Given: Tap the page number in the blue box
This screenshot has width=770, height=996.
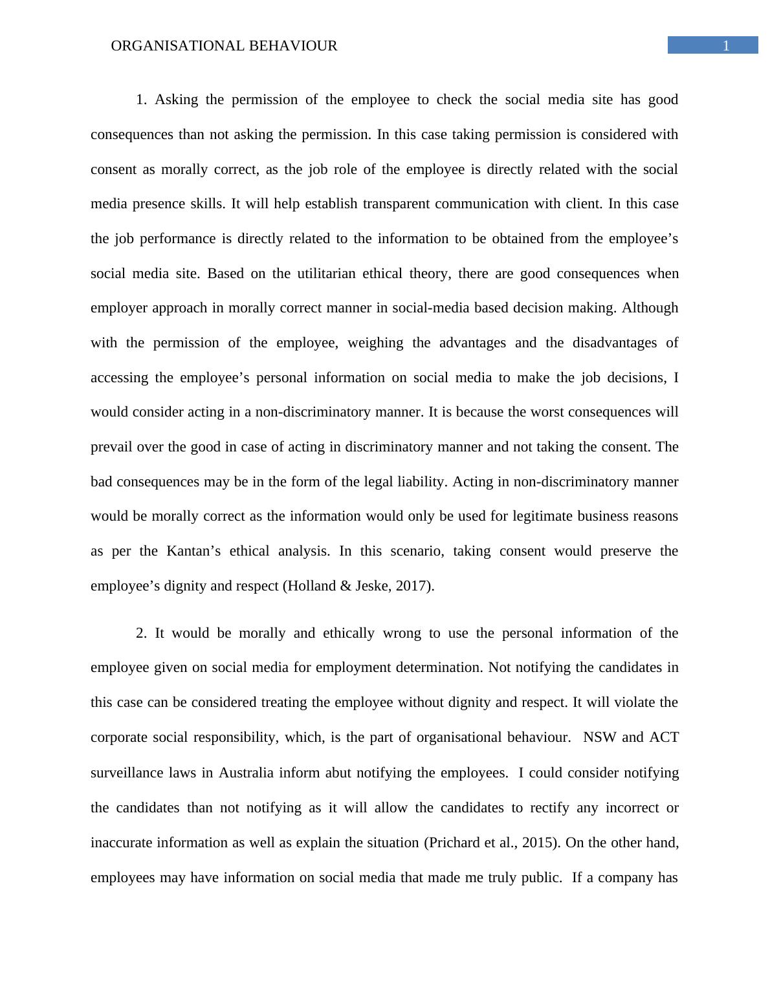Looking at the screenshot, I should point(726,45).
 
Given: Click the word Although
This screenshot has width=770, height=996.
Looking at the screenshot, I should point(650,308).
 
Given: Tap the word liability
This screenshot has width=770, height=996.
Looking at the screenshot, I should point(422,482).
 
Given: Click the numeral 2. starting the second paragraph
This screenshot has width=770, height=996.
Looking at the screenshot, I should point(141,633).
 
